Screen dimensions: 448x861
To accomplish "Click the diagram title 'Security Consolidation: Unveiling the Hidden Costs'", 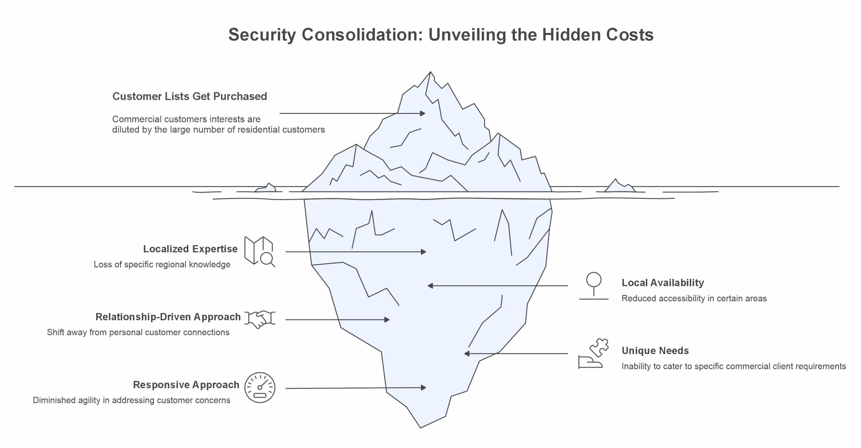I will pos(441,35).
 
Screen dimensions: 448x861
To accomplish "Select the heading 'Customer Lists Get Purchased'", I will pos(190,96).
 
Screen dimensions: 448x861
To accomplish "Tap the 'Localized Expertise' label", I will pos(190,249).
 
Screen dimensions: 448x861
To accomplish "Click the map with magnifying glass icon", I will pos(259,251).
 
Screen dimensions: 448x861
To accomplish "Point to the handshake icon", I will pos(260,319).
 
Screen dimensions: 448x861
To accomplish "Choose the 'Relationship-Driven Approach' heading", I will pos(168,317).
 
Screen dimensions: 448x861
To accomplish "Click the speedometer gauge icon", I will pos(260,387).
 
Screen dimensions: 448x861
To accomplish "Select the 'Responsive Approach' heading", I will pos(186,385).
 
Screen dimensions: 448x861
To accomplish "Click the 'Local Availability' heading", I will pos(663,283).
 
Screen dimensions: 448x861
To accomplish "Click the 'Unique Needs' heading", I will pos(655,351).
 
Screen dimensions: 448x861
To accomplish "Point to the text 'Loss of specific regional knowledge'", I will pos(162,265).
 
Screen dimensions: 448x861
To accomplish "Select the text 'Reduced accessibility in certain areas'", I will pos(694,299).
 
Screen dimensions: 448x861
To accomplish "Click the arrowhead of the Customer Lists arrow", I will pos(423,114).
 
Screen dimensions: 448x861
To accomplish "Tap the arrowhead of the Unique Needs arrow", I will pos(466,354).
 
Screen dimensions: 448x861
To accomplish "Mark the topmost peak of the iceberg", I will pos(430,72).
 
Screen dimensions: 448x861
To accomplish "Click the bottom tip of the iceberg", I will pos(421,427).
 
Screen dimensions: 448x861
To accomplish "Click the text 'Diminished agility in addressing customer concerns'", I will pos(132,400).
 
